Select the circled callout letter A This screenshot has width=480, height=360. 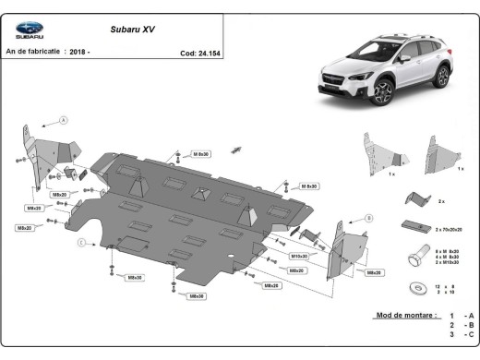point(64,120)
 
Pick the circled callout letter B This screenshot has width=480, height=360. point(368,218)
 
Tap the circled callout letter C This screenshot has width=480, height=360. point(81,242)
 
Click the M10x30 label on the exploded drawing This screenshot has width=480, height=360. point(299,256)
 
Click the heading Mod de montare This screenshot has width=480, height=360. point(404,315)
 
